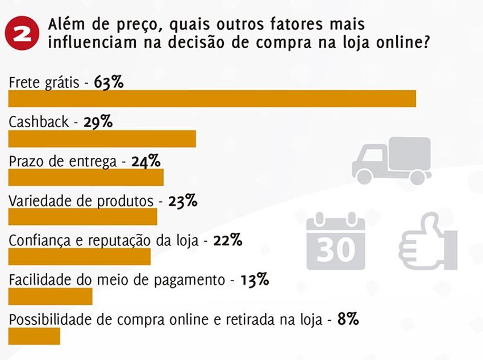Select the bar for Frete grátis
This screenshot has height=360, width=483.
coord(212,98)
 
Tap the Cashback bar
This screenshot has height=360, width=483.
coord(102,139)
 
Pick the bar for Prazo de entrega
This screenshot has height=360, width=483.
coord(86,178)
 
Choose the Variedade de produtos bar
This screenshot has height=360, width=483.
coord(82,217)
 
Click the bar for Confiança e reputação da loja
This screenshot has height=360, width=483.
coord(80,257)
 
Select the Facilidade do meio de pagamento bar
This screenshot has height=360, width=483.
coord(50,296)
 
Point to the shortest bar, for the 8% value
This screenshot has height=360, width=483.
coord(34,336)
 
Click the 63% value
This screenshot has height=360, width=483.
coord(109,82)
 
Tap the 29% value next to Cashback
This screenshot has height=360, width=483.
coord(98,122)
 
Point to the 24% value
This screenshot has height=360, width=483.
coord(146,161)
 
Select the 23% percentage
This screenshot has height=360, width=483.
coord(183,201)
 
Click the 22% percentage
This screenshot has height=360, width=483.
coord(228,240)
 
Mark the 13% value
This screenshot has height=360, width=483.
coord(254,280)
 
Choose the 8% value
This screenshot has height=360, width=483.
coord(348,319)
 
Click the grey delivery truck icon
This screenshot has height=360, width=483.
coord(391,161)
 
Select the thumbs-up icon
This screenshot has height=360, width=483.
coord(428,241)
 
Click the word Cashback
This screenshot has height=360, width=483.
coord(39,122)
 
